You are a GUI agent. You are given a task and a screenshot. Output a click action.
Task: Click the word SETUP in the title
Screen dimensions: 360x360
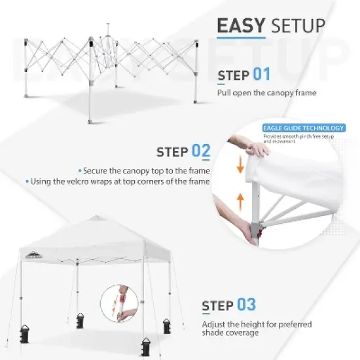(x=296, y=26)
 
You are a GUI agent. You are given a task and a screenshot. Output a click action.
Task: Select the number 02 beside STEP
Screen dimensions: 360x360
(x=201, y=152)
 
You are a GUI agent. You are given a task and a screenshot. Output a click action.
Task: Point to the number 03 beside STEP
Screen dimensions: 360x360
(x=245, y=305)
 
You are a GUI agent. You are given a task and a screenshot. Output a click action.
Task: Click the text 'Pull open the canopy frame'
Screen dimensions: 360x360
(x=266, y=93)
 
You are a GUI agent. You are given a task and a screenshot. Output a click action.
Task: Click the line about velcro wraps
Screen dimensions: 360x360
(x=118, y=181)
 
